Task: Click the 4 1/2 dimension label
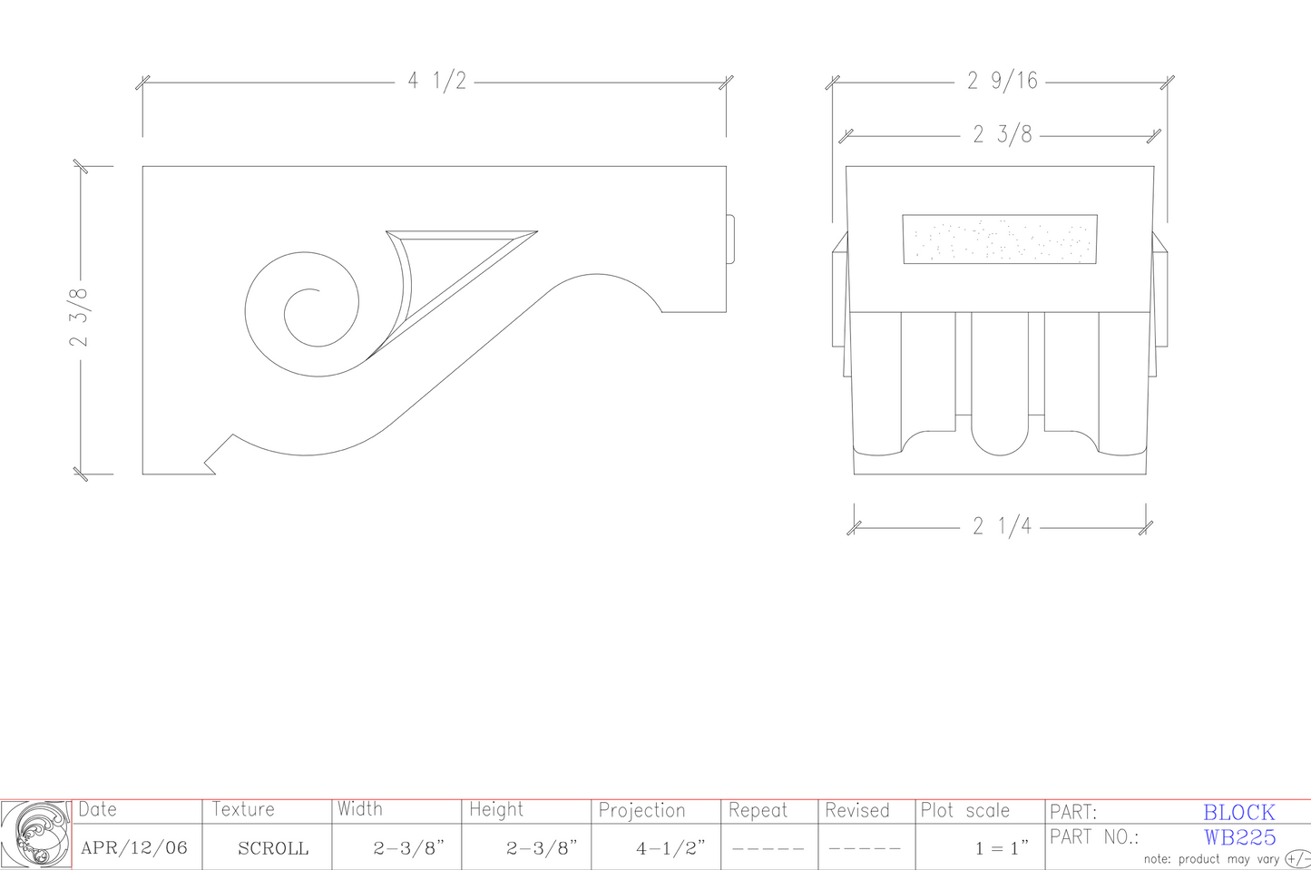click(436, 82)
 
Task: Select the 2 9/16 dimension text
click(1002, 82)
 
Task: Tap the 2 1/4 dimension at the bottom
click(1002, 526)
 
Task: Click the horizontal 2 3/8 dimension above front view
click(1003, 135)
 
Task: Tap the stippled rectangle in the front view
click(1000, 239)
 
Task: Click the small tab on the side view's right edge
click(730, 239)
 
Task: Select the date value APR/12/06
click(134, 848)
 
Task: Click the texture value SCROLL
click(273, 849)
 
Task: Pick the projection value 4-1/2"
click(670, 848)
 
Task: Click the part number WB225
click(1239, 837)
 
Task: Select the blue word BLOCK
click(1238, 813)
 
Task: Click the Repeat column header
click(758, 810)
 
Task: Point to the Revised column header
click(857, 810)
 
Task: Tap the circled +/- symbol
click(1298, 859)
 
